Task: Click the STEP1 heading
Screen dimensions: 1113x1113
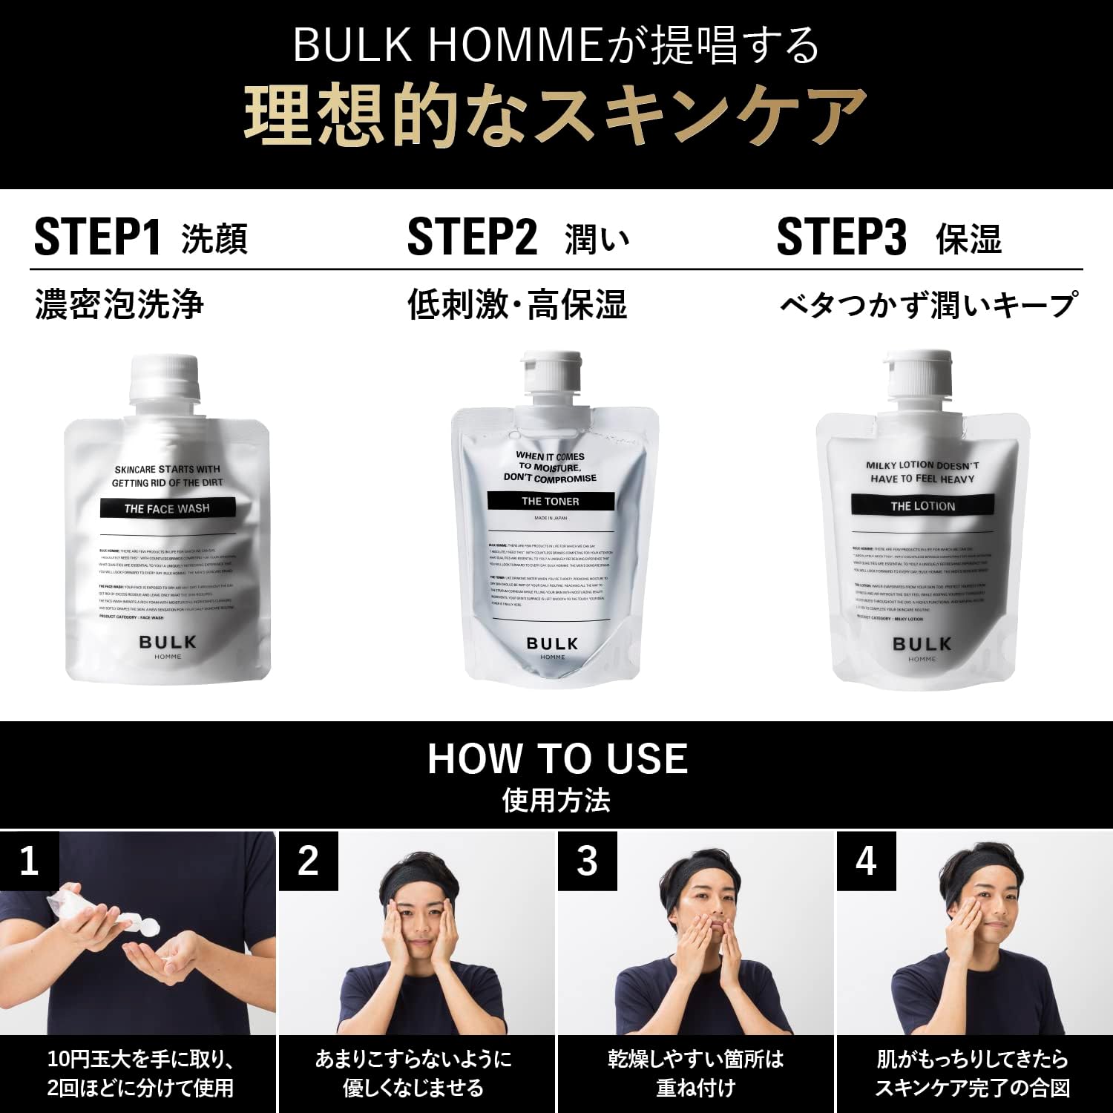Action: coord(98,237)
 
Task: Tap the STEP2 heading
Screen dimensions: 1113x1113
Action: coord(472,237)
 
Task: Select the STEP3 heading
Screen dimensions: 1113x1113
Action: coord(841,237)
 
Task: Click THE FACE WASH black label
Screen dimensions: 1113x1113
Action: coord(168,508)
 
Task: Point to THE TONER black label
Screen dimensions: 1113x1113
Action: coord(551,502)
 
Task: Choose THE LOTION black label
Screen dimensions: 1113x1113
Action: coord(922,506)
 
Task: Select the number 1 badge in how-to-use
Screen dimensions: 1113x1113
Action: coord(29,861)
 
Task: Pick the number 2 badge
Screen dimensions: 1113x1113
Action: coord(308,861)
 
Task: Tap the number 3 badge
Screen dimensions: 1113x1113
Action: coord(587,861)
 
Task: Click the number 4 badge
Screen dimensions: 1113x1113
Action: coord(866,861)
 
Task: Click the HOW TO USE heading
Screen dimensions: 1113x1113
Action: coord(556,758)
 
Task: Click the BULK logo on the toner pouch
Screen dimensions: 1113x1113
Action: coord(551,643)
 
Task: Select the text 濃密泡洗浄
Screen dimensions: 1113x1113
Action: coord(119,305)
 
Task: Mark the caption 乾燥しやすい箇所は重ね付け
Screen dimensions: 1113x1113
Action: coord(695,1073)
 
